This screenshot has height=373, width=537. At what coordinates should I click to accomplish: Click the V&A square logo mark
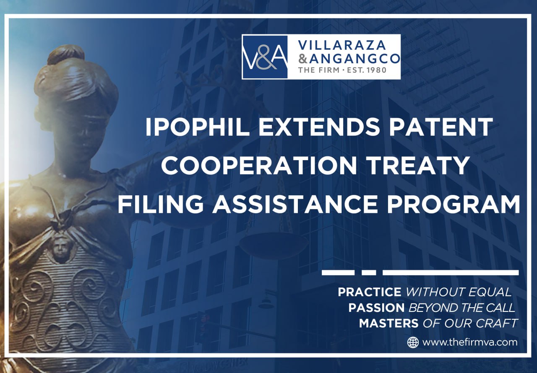(265, 57)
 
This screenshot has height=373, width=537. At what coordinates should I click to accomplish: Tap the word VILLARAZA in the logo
(341, 46)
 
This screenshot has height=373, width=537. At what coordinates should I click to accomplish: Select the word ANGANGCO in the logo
(355, 59)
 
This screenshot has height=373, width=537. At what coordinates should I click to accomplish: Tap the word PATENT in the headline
(441, 127)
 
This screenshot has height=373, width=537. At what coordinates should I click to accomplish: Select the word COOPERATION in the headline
(259, 165)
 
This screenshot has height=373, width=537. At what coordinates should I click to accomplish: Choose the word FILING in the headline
(160, 204)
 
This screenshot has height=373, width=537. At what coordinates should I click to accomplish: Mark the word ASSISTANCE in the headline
(295, 204)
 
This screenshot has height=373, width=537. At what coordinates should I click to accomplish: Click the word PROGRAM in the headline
(454, 204)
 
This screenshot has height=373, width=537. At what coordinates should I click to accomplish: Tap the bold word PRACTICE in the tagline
(370, 292)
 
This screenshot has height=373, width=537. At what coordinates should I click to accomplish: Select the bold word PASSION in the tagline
(376, 308)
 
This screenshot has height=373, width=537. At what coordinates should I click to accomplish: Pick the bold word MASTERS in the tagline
(388, 324)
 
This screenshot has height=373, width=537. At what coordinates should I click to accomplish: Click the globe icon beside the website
(413, 342)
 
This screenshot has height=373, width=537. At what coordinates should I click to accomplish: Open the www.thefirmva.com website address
(470, 342)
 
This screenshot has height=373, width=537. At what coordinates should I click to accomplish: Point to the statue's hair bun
(65, 54)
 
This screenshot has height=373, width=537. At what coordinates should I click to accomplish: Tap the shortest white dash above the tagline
(369, 273)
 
